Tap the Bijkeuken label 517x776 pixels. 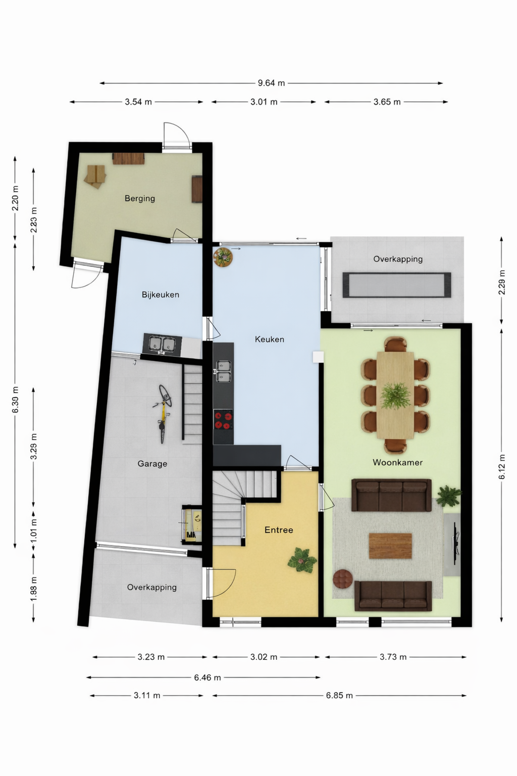tap(160, 295)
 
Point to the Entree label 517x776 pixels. tap(279, 530)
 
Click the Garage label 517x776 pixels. tap(152, 464)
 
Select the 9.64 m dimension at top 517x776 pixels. tap(271, 83)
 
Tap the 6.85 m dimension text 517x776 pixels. tap(339, 696)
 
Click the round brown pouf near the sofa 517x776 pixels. tap(342, 579)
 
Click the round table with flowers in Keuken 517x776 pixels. tap(223, 257)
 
